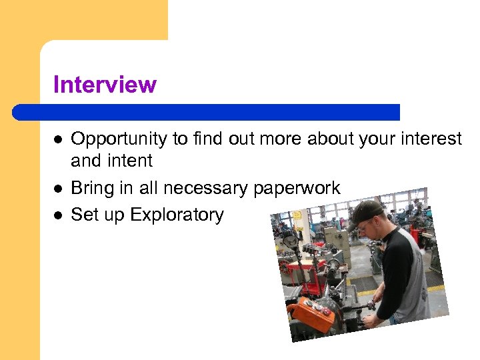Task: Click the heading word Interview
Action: pos(105,85)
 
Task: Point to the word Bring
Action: pos(92,188)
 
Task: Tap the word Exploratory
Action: pos(177,215)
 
